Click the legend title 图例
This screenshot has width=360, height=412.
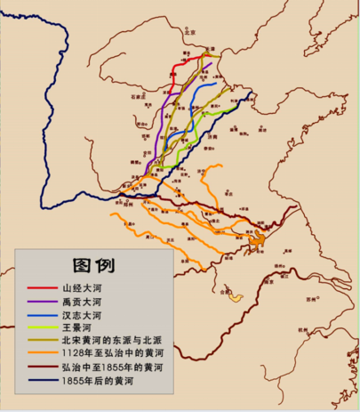93,264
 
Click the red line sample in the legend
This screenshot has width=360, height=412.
39,288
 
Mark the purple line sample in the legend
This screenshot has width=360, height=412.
39,302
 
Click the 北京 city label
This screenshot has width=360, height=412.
188,31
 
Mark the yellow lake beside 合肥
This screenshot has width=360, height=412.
236,295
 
